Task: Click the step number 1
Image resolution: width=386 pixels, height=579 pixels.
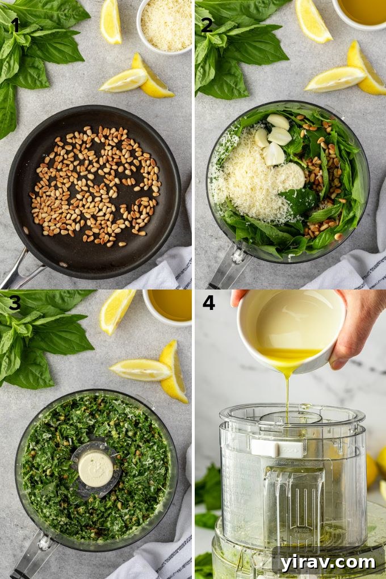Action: tap(15, 25)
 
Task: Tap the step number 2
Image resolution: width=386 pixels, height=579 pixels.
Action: tap(207, 25)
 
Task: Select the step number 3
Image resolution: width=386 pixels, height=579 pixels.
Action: tap(15, 303)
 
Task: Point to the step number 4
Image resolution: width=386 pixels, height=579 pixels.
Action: tap(208, 303)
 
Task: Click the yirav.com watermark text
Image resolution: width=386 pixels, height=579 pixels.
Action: tap(328, 562)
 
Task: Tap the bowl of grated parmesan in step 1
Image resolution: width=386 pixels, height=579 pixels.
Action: tap(165, 24)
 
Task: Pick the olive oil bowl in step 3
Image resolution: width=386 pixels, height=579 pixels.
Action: tap(169, 307)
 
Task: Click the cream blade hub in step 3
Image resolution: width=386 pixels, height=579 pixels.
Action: tap(95, 468)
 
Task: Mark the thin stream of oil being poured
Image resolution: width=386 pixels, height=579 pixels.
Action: tap(287, 397)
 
